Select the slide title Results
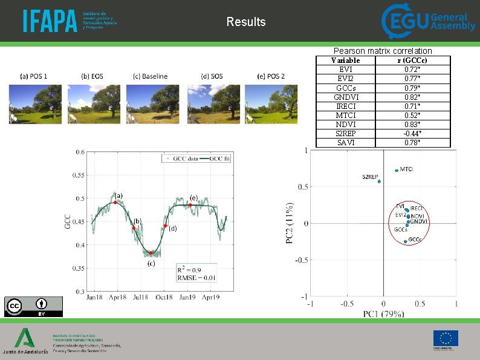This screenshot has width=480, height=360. (246, 22)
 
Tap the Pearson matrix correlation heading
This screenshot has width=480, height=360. (383, 51)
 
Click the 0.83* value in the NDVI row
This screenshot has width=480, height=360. (413, 124)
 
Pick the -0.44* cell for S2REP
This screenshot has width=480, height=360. (413, 133)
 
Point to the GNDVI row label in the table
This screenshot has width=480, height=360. (346, 97)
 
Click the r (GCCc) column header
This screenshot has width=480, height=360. (413, 61)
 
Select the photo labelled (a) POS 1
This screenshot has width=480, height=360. (35, 103)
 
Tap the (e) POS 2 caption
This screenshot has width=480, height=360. (271, 76)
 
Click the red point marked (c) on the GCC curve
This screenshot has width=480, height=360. (151, 254)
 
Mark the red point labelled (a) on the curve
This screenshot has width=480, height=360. (115, 202)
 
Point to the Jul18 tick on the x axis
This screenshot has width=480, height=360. (140, 297)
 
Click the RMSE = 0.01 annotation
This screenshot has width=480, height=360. (196, 278)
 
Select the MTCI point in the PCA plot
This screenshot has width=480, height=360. (397, 170)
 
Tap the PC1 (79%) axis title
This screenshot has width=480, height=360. (383, 313)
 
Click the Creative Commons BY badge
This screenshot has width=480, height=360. (33, 306)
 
